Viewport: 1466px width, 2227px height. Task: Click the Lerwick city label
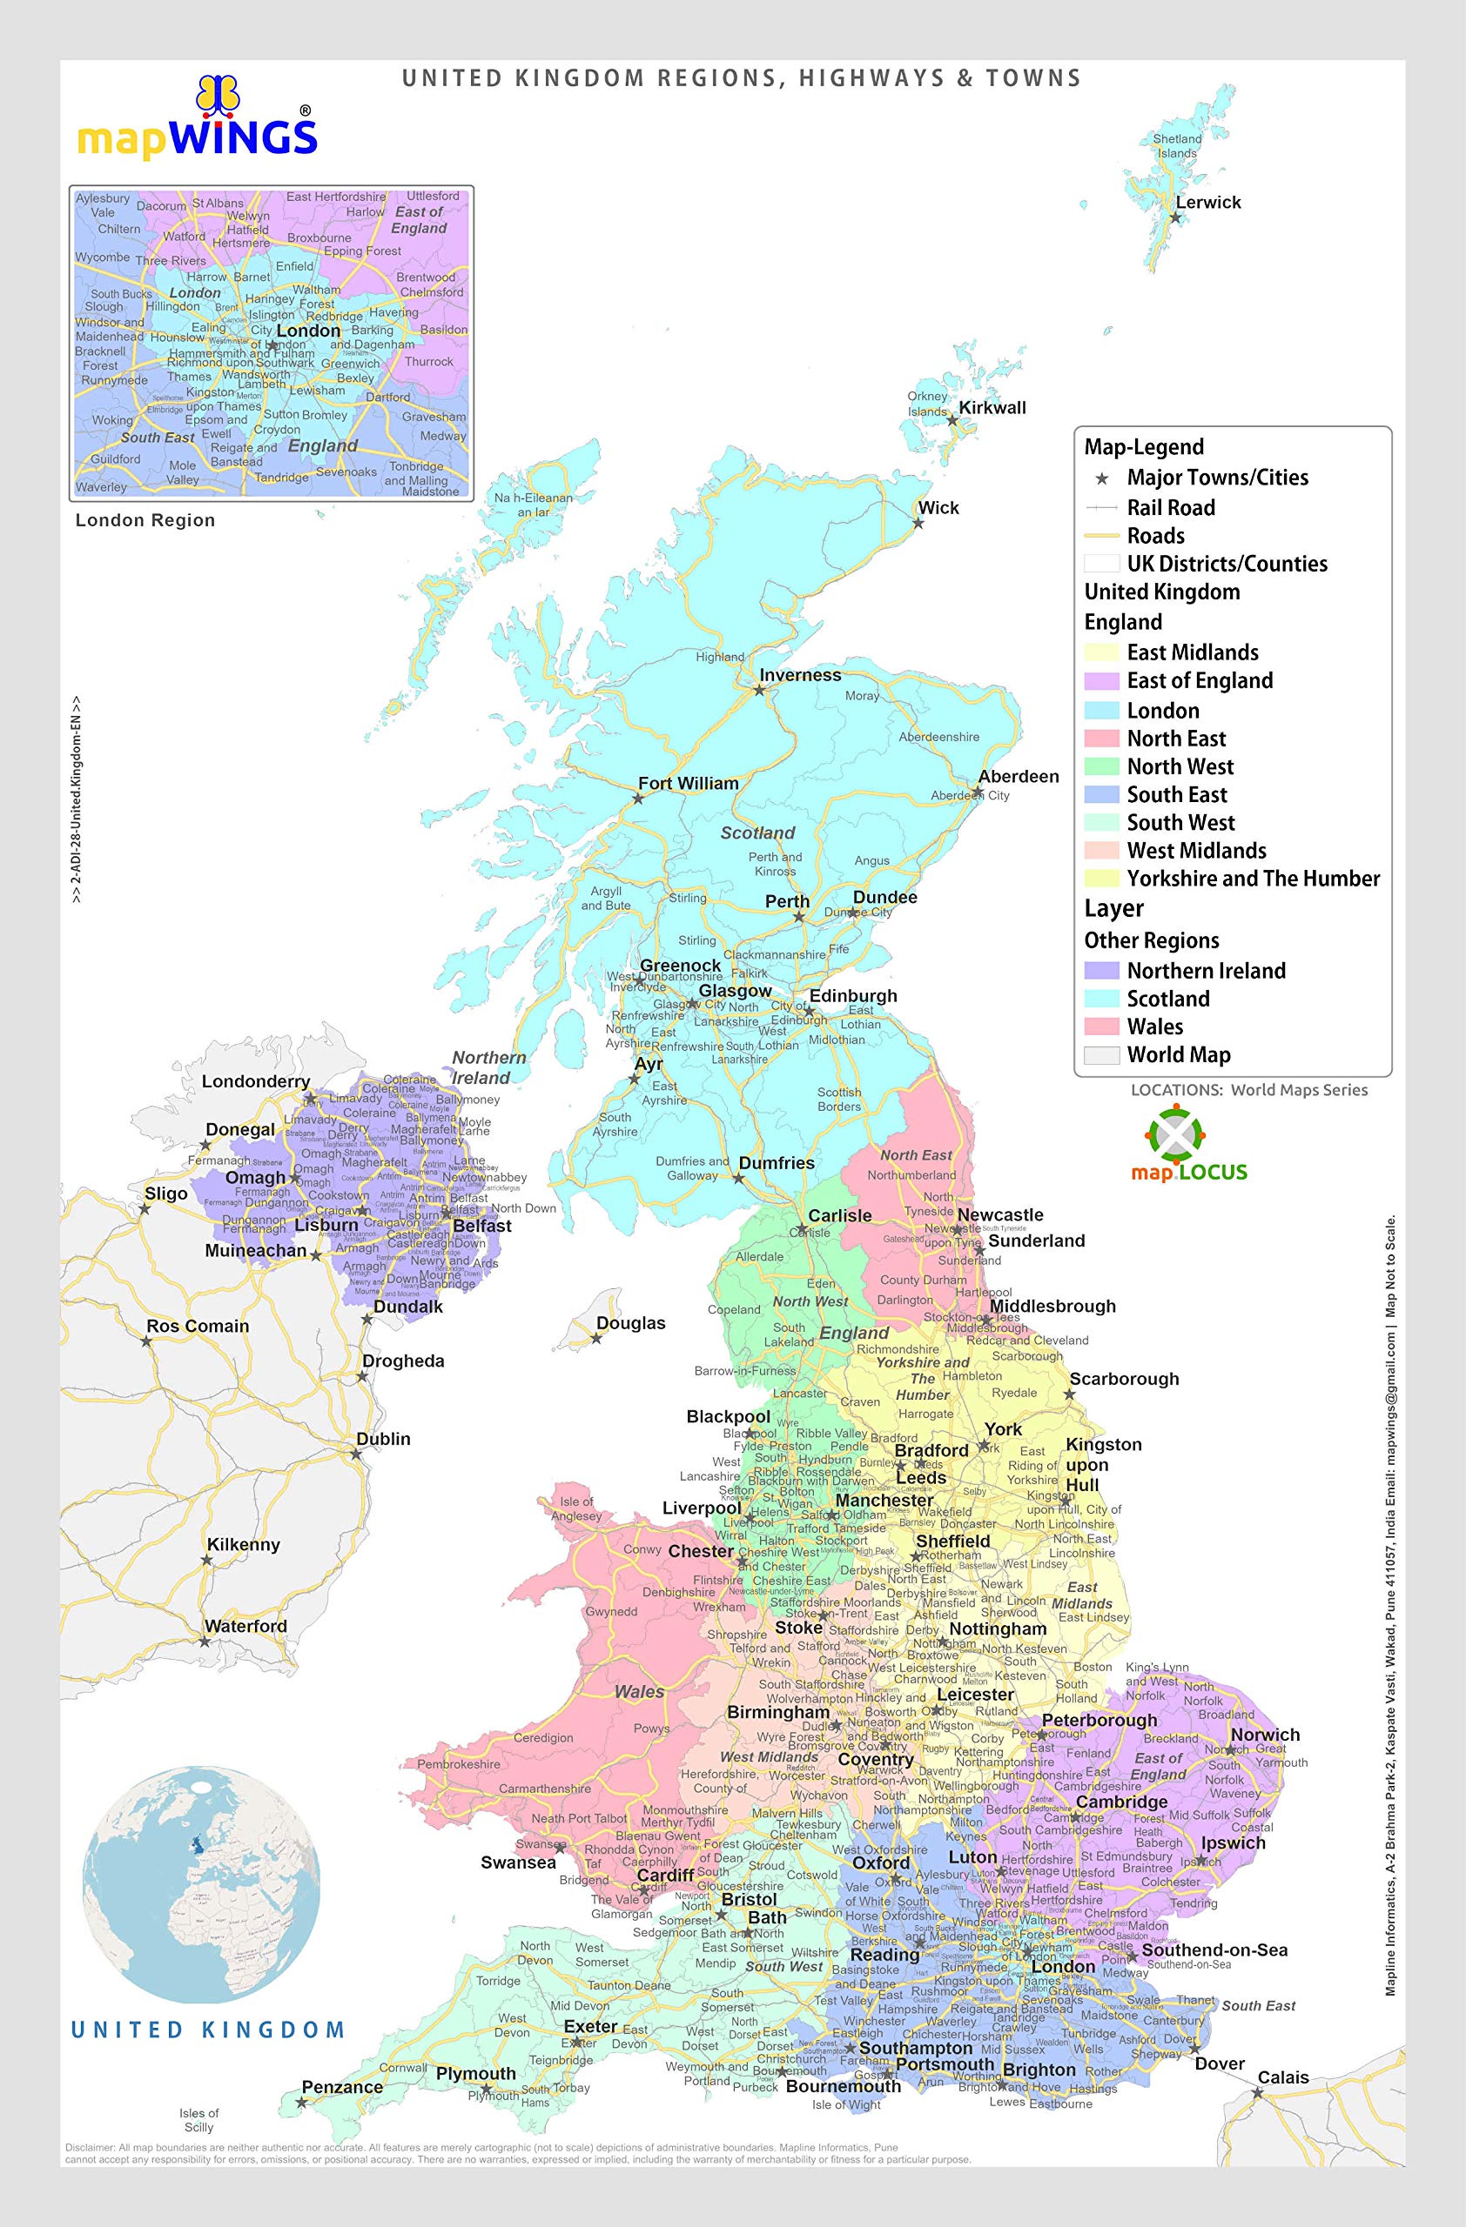[x=1207, y=202]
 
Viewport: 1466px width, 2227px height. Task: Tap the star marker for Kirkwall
[x=952, y=421]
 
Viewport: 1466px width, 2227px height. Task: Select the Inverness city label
[x=799, y=675]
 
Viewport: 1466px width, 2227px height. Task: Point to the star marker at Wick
[x=918, y=523]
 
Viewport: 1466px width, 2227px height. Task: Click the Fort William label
[x=688, y=783]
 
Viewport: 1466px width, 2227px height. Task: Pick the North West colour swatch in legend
[x=1101, y=766]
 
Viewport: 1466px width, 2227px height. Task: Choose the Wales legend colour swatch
[x=1101, y=1027]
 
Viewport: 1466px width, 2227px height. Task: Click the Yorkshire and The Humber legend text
[x=1253, y=879]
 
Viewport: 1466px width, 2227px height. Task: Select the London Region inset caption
[x=145, y=520]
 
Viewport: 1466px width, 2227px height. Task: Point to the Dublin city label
[x=383, y=1439]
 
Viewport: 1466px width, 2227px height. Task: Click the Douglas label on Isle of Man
[x=631, y=1323]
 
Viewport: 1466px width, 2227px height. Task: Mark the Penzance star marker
[x=301, y=2103]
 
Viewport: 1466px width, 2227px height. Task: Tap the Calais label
[x=1282, y=2077]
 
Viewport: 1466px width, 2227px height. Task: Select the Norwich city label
[x=1265, y=1735]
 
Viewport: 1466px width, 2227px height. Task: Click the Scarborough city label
[x=1123, y=1378]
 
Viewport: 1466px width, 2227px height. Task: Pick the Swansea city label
[x=518, y=1863]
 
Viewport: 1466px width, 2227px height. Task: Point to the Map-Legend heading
[x=1143, y=446]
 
